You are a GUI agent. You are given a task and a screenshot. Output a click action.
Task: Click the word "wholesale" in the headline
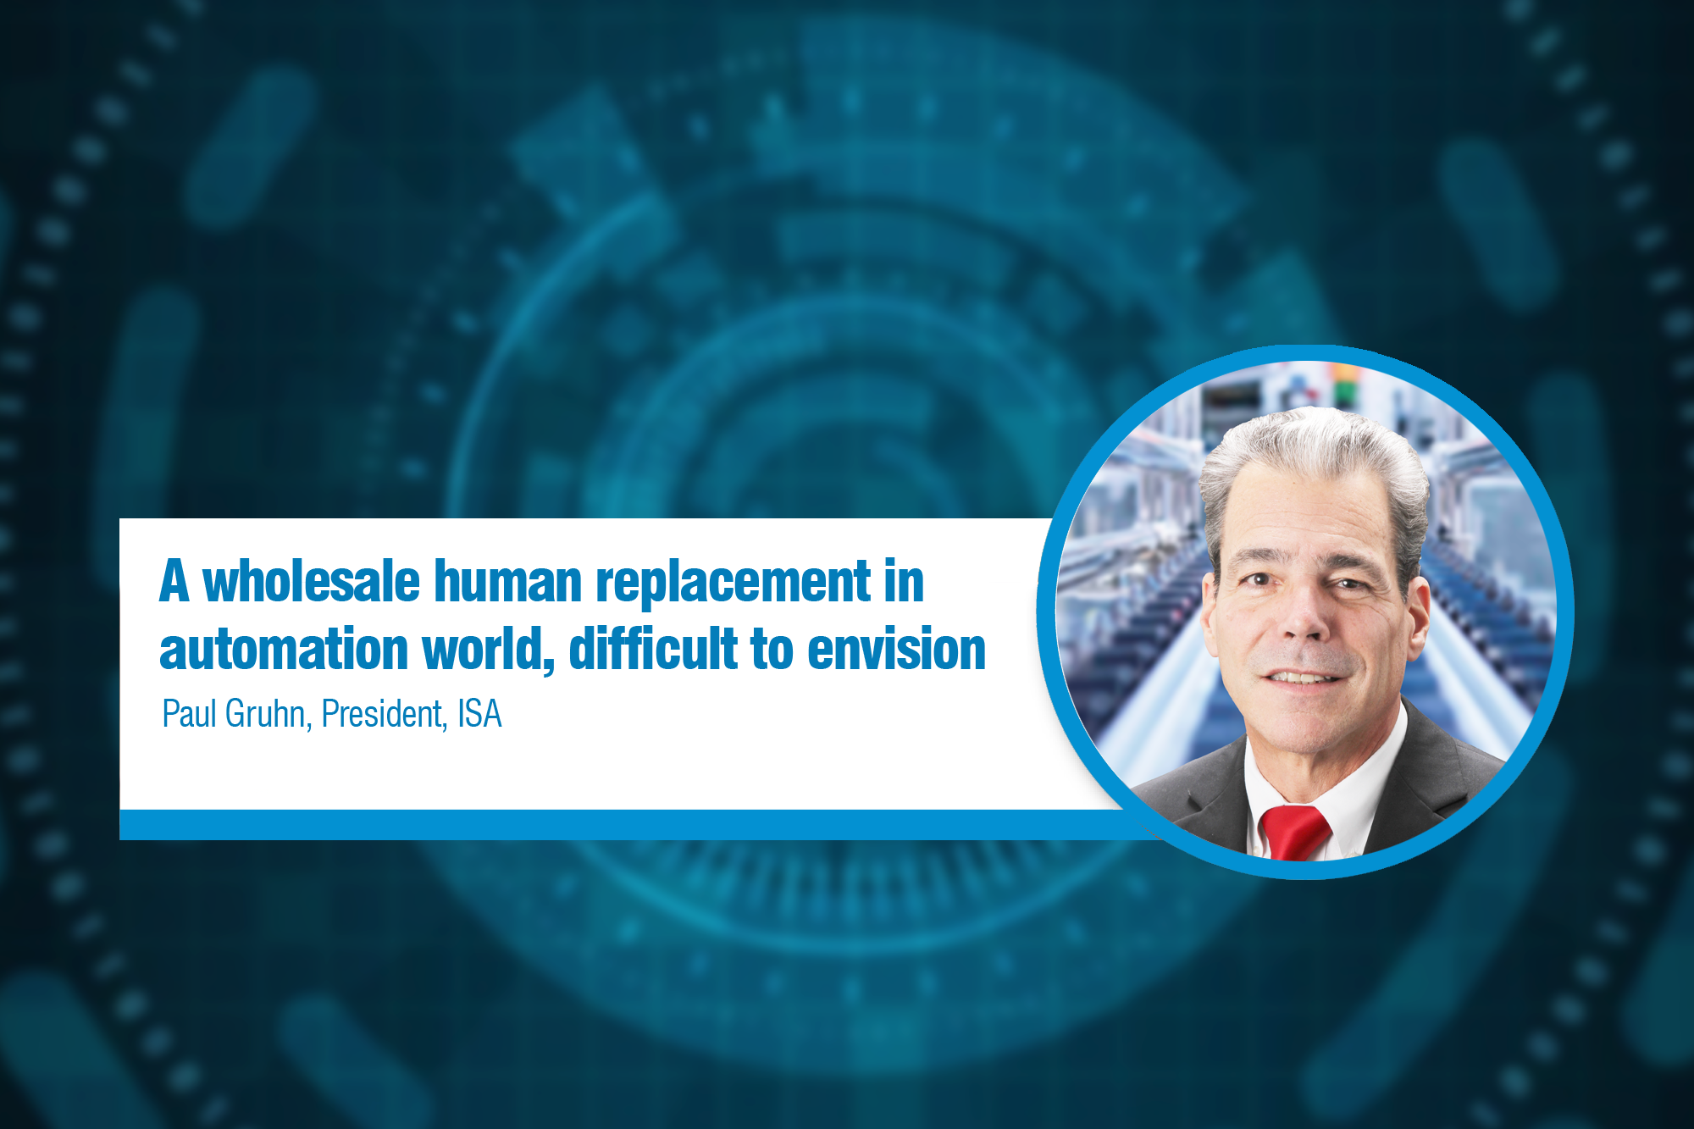coord(312,582)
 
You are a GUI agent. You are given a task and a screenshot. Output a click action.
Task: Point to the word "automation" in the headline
coord(284,650)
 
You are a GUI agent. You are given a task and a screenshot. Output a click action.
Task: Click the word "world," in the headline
coord(489,650)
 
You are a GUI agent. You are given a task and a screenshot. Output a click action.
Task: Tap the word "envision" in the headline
coord(897,650)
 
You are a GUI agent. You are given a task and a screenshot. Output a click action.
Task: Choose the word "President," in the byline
coord(385,715)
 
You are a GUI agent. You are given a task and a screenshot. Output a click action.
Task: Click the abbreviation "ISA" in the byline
coord(480,714)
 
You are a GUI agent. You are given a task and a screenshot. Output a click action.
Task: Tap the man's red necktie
coord(1293,832)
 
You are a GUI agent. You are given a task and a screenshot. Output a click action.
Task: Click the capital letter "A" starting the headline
coord(174,582)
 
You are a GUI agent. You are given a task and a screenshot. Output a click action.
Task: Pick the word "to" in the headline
coord(772,650)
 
